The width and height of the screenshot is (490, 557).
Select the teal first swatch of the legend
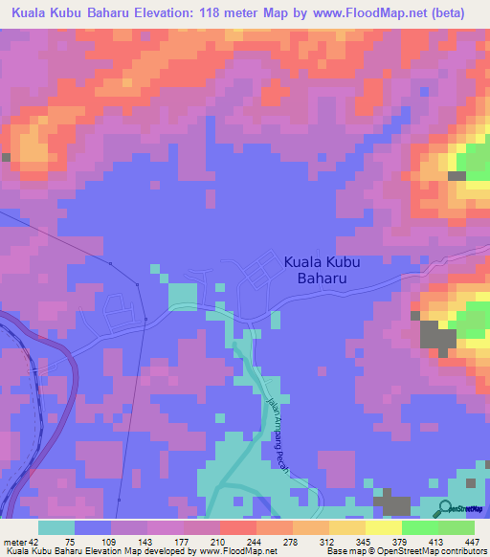tap(56, 527)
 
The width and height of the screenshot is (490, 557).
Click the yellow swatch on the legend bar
tap(384, 527)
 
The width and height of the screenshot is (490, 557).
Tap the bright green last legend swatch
tap(457, 527)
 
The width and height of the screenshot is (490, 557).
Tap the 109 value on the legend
tap(107, 542)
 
